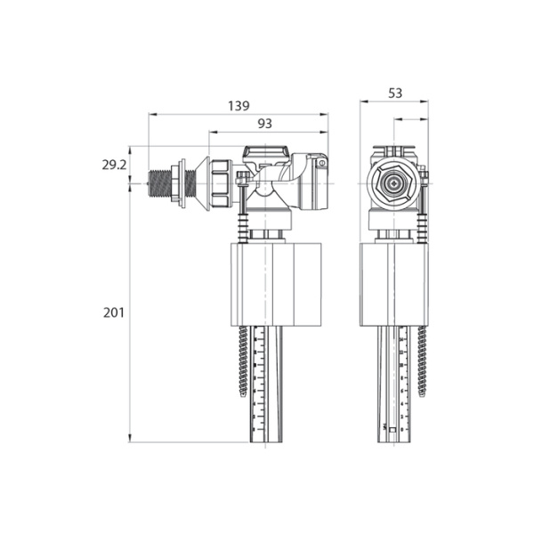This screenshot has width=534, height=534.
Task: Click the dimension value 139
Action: [238, 105]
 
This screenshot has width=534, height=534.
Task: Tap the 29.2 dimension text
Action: [113, 165]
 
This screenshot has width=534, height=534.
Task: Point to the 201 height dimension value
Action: [113, 312]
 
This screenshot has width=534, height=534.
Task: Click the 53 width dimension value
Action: [395, 93]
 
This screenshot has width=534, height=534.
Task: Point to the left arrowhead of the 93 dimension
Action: [212, 132]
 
